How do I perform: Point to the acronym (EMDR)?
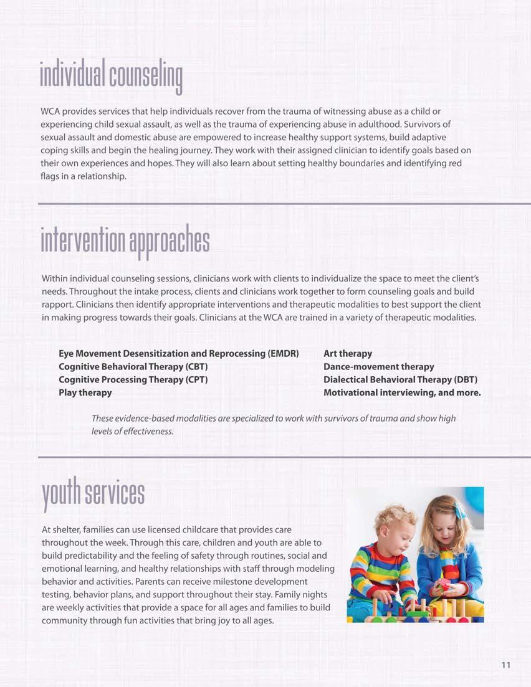[x=284, y=354]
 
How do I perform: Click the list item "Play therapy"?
[x=85, y=393]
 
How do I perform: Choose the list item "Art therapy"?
[x=348, y=354]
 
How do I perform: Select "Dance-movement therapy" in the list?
[x=379, y=367]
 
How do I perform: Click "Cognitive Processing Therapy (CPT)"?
[x=133, y=380]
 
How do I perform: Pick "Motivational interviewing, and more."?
[x=402, y=393]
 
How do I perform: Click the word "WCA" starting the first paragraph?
[x=51, y=111]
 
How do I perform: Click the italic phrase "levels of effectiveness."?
[x=132, y=431]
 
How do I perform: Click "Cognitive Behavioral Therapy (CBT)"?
[x=133, y=367]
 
